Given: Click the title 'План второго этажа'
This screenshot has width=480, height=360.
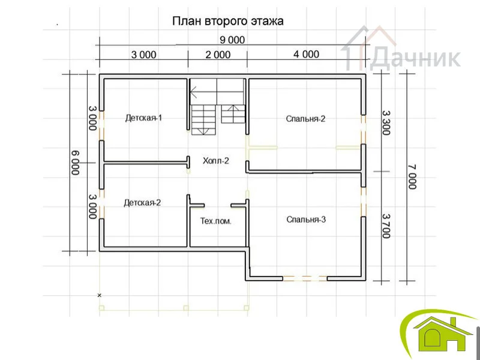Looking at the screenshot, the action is [228, 22].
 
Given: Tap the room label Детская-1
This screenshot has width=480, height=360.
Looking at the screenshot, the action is [143, 118].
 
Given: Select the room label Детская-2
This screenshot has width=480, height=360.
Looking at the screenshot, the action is [142, 203].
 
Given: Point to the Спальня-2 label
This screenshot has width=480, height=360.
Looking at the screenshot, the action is [305, 119].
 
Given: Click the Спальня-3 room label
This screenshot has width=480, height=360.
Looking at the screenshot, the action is [306, 220].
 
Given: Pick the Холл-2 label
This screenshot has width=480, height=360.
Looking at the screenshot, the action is [216, 161].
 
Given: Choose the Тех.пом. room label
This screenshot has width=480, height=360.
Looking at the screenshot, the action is [216, 221].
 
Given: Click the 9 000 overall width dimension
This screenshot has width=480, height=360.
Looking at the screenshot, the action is [232, 40].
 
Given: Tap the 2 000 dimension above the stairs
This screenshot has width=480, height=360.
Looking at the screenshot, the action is [218, 55].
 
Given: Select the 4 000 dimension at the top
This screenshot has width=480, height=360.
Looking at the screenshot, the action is [307, 54].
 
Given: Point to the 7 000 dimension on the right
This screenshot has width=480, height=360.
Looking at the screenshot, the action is [412, 177].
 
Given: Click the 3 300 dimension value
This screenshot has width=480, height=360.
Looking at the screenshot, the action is [386, 123].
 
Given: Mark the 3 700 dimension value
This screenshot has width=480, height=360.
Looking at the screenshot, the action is [386, 226].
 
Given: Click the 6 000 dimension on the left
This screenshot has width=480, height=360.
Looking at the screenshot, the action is [76, 163].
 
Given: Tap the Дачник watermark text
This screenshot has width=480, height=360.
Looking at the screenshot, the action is [415, 58].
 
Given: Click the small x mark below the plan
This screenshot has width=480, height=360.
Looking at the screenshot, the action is [99, 295].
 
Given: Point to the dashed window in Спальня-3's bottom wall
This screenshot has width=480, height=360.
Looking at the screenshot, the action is [305, 278].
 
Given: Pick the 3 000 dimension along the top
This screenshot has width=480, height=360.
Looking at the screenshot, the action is [143, 55].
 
